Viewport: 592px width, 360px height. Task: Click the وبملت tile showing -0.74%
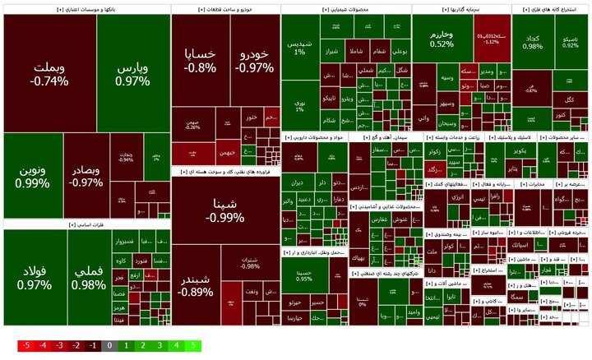click(49, 74)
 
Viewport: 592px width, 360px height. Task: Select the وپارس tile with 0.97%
click(132, 74)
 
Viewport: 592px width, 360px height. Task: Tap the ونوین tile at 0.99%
click(32, 176)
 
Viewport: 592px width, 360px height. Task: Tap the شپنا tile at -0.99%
click(225, 210)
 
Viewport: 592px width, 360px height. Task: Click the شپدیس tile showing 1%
click(298, 47)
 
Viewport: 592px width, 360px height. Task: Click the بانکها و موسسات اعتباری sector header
click(86, 9)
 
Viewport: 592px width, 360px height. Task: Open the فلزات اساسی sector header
click(86, 224)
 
